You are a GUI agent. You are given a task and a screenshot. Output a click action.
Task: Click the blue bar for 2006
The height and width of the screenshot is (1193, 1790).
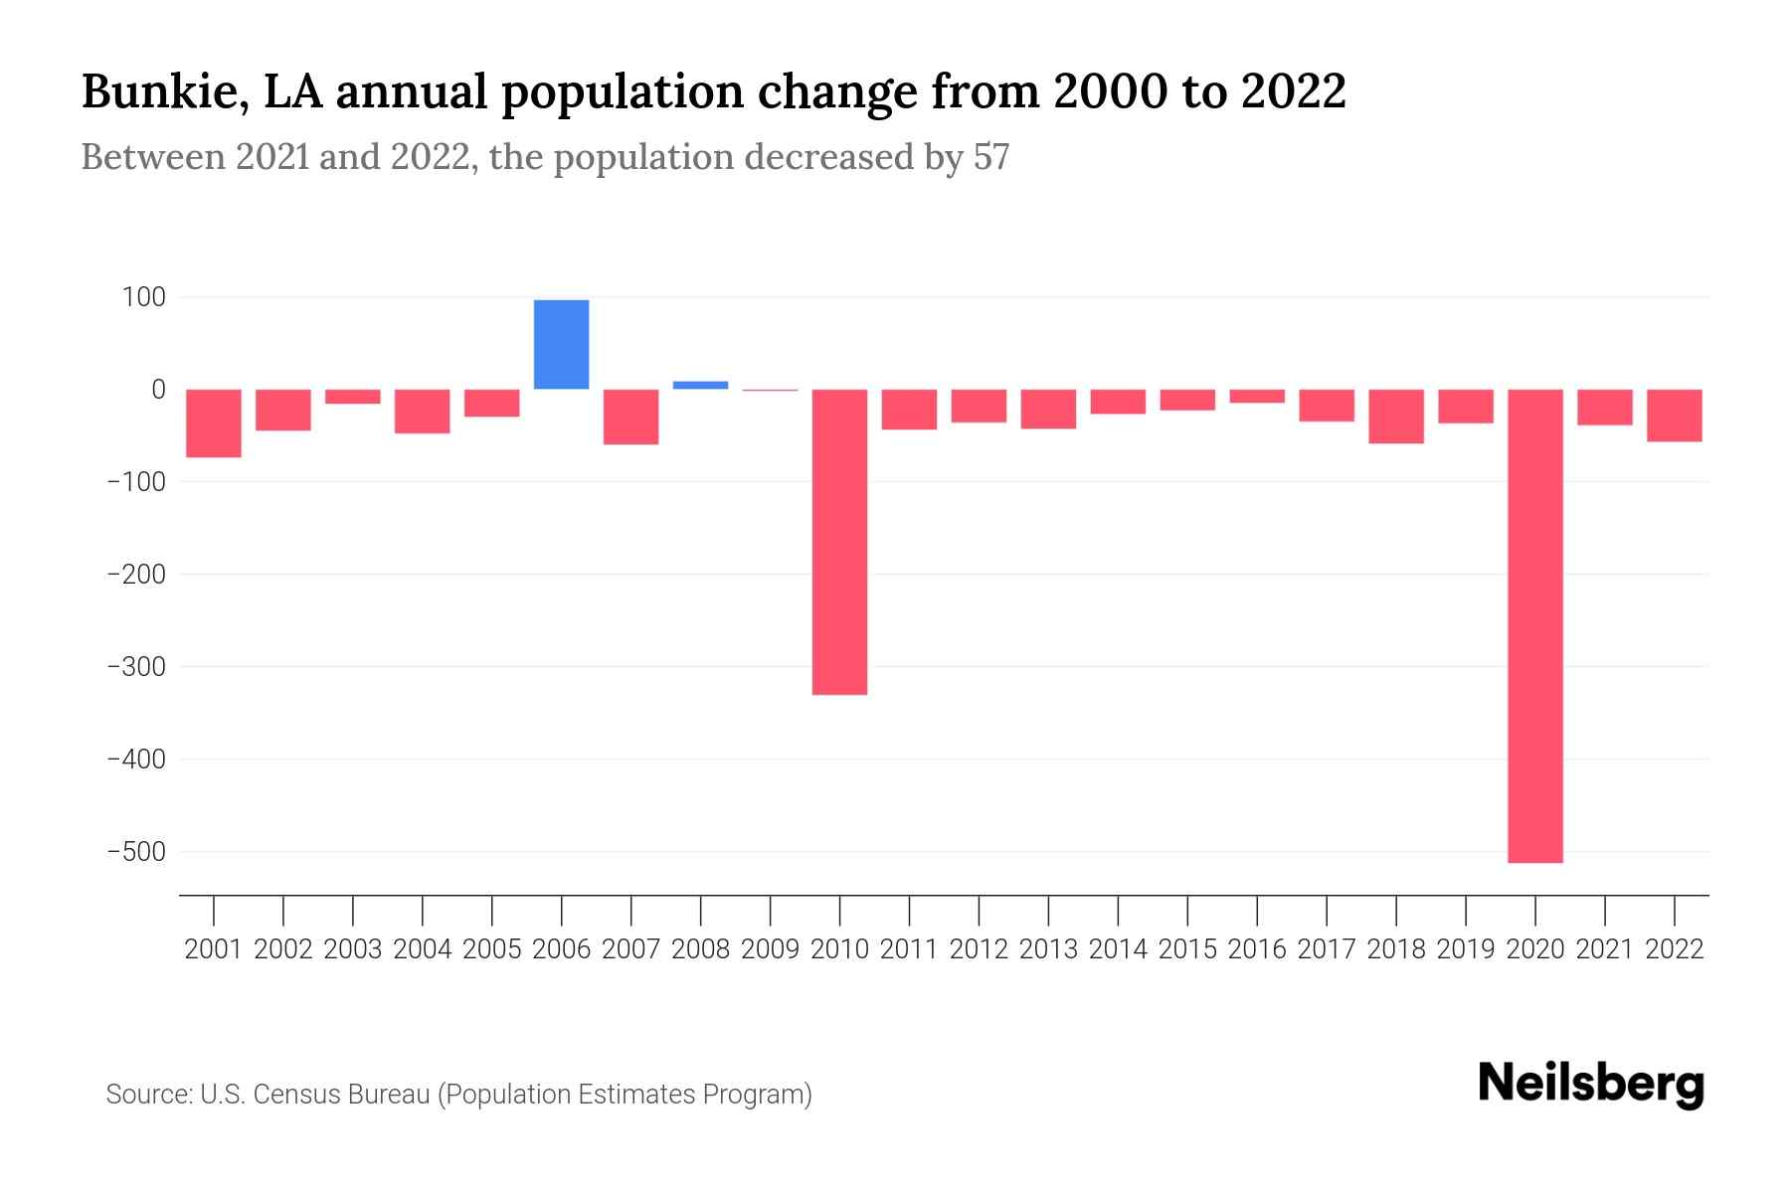(561, 344)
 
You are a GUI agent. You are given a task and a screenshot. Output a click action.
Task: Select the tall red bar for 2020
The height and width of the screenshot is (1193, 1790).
(1534, 625)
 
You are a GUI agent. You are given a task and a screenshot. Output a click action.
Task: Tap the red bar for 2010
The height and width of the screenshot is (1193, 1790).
(839, 542)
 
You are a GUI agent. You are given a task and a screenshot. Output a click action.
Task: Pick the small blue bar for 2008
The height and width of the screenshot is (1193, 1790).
(700, 385)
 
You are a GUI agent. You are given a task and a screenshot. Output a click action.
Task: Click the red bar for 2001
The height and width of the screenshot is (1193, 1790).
(214, 423)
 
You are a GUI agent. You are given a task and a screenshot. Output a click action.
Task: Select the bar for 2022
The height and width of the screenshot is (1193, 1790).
(1674, 416)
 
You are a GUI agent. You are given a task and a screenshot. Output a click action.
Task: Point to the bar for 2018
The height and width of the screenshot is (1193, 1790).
(1395, 417)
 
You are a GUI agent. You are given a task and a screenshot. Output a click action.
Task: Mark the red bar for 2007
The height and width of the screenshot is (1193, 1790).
(630, 417)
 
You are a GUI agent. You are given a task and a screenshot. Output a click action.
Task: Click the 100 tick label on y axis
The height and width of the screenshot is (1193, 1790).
(144, 297)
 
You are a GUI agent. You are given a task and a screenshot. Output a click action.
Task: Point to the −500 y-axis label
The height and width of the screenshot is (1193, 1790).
(136, 852)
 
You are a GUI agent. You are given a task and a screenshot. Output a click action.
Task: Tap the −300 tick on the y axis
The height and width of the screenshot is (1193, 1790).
(136, 667)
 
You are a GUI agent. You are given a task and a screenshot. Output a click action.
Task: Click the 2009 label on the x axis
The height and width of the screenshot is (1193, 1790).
(770, 949)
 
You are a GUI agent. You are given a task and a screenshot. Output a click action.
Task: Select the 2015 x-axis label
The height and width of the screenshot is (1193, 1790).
(1187, 949)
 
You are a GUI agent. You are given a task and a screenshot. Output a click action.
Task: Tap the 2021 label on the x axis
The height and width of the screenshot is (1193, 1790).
(1604, 949)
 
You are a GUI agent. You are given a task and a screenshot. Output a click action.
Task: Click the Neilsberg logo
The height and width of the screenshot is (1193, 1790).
(1590, 1084)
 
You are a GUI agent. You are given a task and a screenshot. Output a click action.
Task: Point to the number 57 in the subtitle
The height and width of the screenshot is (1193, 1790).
(990, 157)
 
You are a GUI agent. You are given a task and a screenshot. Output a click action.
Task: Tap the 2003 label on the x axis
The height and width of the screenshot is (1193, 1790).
(353, 949)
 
